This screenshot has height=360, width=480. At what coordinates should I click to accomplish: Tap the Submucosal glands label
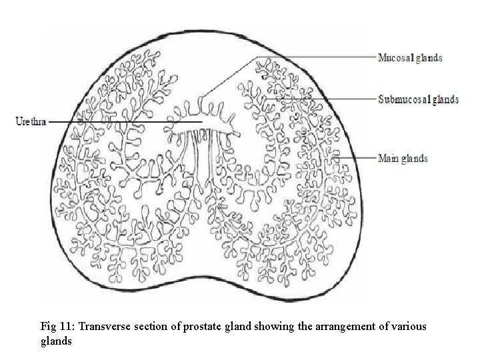[418, 99]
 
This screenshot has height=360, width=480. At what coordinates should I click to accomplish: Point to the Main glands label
[403, 159]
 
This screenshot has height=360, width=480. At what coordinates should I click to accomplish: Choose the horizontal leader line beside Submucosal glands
[333, 99]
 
